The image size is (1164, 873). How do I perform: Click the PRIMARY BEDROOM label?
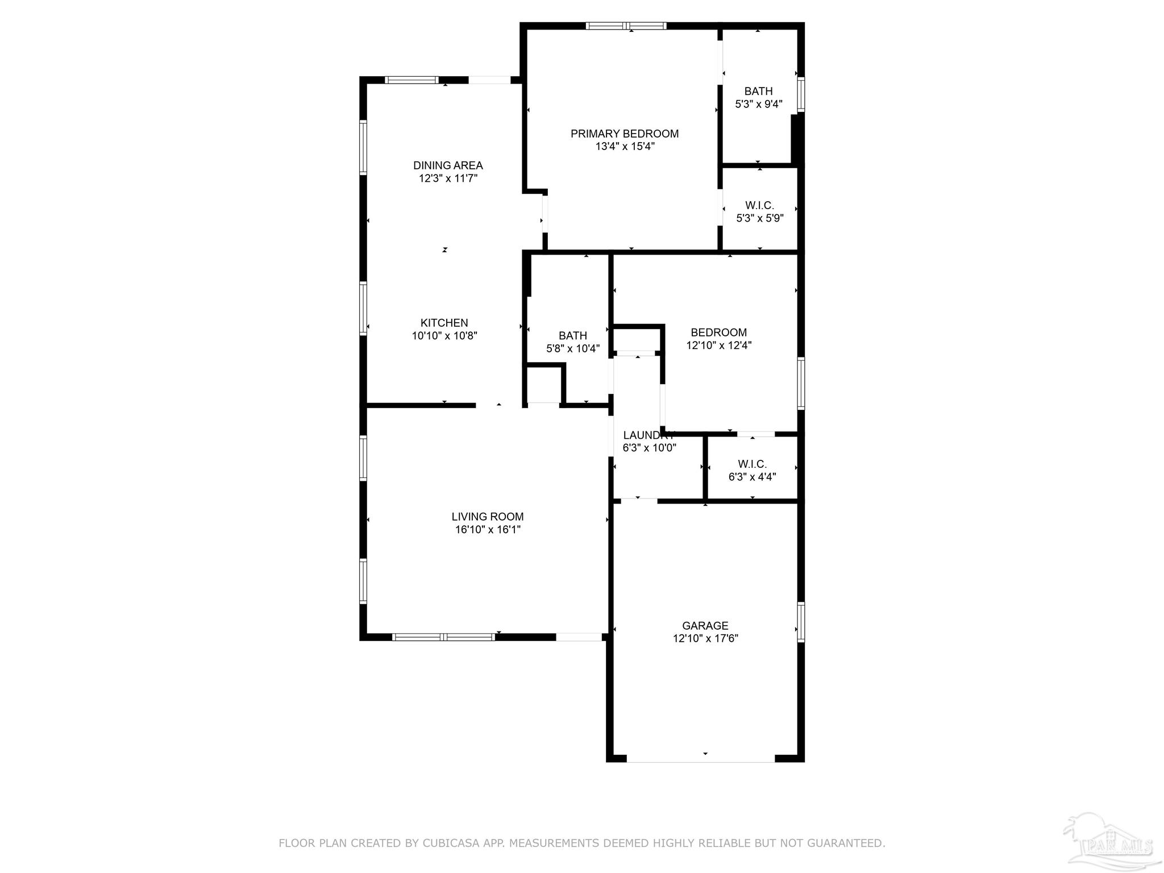[x=625, y=134]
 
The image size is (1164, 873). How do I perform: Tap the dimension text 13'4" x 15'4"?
[x=625, y=147]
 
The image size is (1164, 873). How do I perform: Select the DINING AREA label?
[x=448, y=165]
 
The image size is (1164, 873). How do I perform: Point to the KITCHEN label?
[x=444, y=323]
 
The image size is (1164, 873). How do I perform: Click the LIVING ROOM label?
[x=487, y=517]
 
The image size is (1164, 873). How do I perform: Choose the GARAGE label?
[x=705, y=626]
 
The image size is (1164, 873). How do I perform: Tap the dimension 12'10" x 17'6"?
[x=705, y=638]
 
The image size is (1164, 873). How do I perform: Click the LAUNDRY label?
[x=648, y=435]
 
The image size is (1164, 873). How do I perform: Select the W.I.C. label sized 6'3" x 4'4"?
[x=752, y=464]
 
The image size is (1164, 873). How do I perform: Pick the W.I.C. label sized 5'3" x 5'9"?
[x=759, y=206]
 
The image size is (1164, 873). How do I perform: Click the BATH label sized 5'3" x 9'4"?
[x=758, y=92]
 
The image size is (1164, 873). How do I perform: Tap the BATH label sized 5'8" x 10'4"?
[x=572, y=336]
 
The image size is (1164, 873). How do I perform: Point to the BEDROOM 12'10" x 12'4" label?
[x=718, y=332]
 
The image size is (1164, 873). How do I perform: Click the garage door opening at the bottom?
[x=700, y=758]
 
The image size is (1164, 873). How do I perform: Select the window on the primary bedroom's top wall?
[x=626, y=26]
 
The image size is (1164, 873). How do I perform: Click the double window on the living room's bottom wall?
[x=444, y=637]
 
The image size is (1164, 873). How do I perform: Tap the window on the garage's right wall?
[x=801, y=622]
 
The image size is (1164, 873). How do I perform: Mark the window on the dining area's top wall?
[x=411, y=80]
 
